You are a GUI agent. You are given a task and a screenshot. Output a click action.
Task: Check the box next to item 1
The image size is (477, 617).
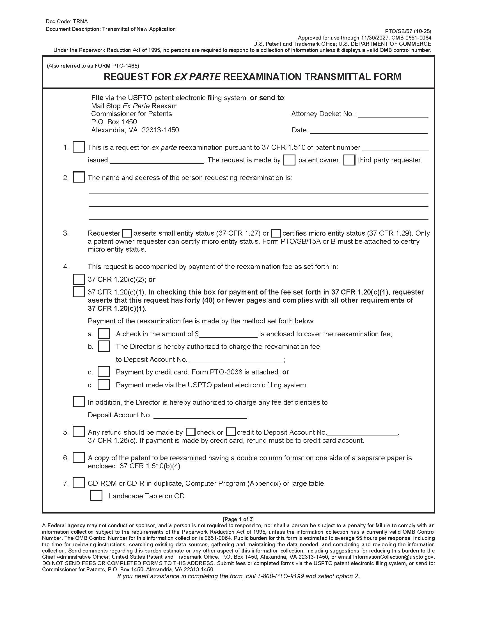click(x=79, y=147)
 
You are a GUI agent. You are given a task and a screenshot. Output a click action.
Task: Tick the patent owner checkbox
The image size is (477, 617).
click(x=289, y=160)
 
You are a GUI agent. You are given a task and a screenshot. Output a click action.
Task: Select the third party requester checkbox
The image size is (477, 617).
click(x=349, y=160)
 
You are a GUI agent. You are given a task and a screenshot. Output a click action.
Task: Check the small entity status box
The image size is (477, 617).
click(x=127, y=233)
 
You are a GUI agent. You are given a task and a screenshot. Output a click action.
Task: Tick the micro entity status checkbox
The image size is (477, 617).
click(x=276, y=233)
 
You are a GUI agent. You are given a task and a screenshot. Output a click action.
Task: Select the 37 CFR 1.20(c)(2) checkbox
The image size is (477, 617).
click(x=79, y=279)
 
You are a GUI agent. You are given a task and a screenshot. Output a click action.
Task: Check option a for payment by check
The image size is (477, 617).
click(x=104, y=334)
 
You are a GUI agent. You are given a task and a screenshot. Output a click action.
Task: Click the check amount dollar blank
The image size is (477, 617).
click(x=228, y=335)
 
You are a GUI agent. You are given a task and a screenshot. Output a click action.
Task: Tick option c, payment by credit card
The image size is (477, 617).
click(x=104, y=372)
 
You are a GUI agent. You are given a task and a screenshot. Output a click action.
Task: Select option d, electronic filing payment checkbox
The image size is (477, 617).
click(x=104, y=385)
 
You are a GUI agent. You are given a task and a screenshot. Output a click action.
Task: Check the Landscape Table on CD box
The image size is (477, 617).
click(x=96, y=496)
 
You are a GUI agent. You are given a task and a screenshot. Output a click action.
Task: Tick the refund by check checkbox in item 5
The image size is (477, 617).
click(x=191, y=432)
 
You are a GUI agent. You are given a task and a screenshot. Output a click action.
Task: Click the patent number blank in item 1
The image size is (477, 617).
click(x=395, y=148)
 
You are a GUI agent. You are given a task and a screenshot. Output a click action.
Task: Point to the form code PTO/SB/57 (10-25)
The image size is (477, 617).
click(x=408, y=31)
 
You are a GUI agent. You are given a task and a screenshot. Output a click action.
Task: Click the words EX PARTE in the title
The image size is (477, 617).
click(x=197, y=77)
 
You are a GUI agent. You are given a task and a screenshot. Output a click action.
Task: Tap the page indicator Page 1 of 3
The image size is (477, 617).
click(x=238, y=519)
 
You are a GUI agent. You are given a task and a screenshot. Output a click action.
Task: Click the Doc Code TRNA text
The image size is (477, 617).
click(x=67, y=22)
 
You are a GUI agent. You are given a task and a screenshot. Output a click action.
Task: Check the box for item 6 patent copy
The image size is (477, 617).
click(x=79, y=458)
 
